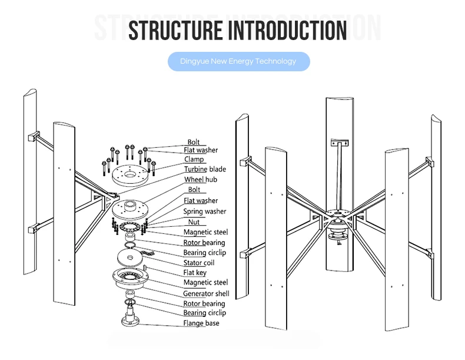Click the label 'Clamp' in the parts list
(194, 159)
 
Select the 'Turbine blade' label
(204, 169)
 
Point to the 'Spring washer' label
(204, 211)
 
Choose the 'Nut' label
(193, 222)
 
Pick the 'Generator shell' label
(206, 293)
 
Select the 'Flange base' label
(201, 323)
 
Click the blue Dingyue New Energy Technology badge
(238, 61)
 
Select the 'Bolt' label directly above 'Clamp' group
(193, 142)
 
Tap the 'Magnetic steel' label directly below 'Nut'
(205, 232)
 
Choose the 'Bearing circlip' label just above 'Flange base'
(204, 313)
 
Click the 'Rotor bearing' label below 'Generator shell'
(204, 303)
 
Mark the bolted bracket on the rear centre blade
(339, 143)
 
